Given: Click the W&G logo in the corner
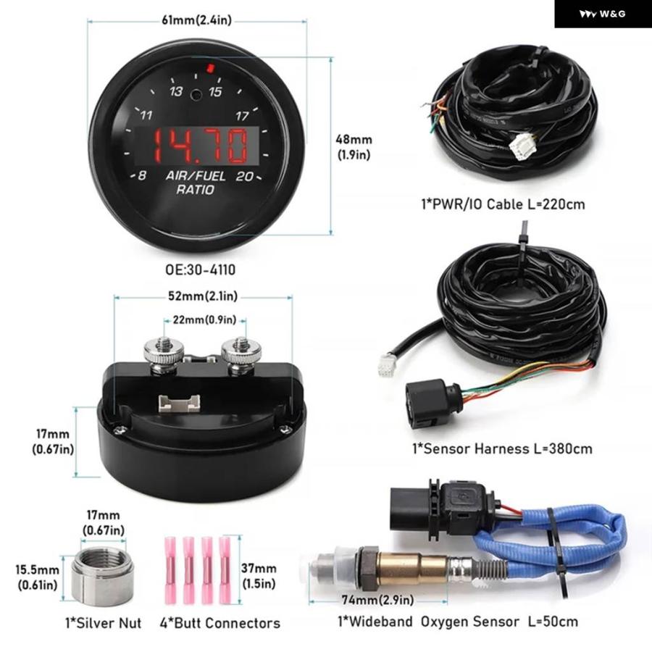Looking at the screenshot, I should point(603,14).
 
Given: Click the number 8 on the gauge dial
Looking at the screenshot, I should point(143,175).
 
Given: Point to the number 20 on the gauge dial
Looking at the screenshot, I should point(244,175).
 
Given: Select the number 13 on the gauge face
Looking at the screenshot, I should point(176,92).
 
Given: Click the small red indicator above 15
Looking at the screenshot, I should point(210,70).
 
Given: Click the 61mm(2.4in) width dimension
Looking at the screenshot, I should point(197,21).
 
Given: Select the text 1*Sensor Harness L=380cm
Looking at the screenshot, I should point(502,448).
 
